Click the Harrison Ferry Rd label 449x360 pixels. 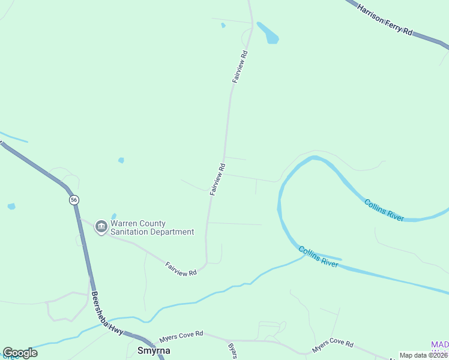pos(385,19)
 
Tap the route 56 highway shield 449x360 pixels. pos(73,200)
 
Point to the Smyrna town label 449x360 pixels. pos(154,350)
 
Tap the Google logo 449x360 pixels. pos(20,353)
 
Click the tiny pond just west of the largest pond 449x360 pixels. pos(223,25)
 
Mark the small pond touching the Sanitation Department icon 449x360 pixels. pos(113,217)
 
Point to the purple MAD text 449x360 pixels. pos(439,344)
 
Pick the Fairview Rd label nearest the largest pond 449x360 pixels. pos(240,67)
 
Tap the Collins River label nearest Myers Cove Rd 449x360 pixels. pos(318,256)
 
